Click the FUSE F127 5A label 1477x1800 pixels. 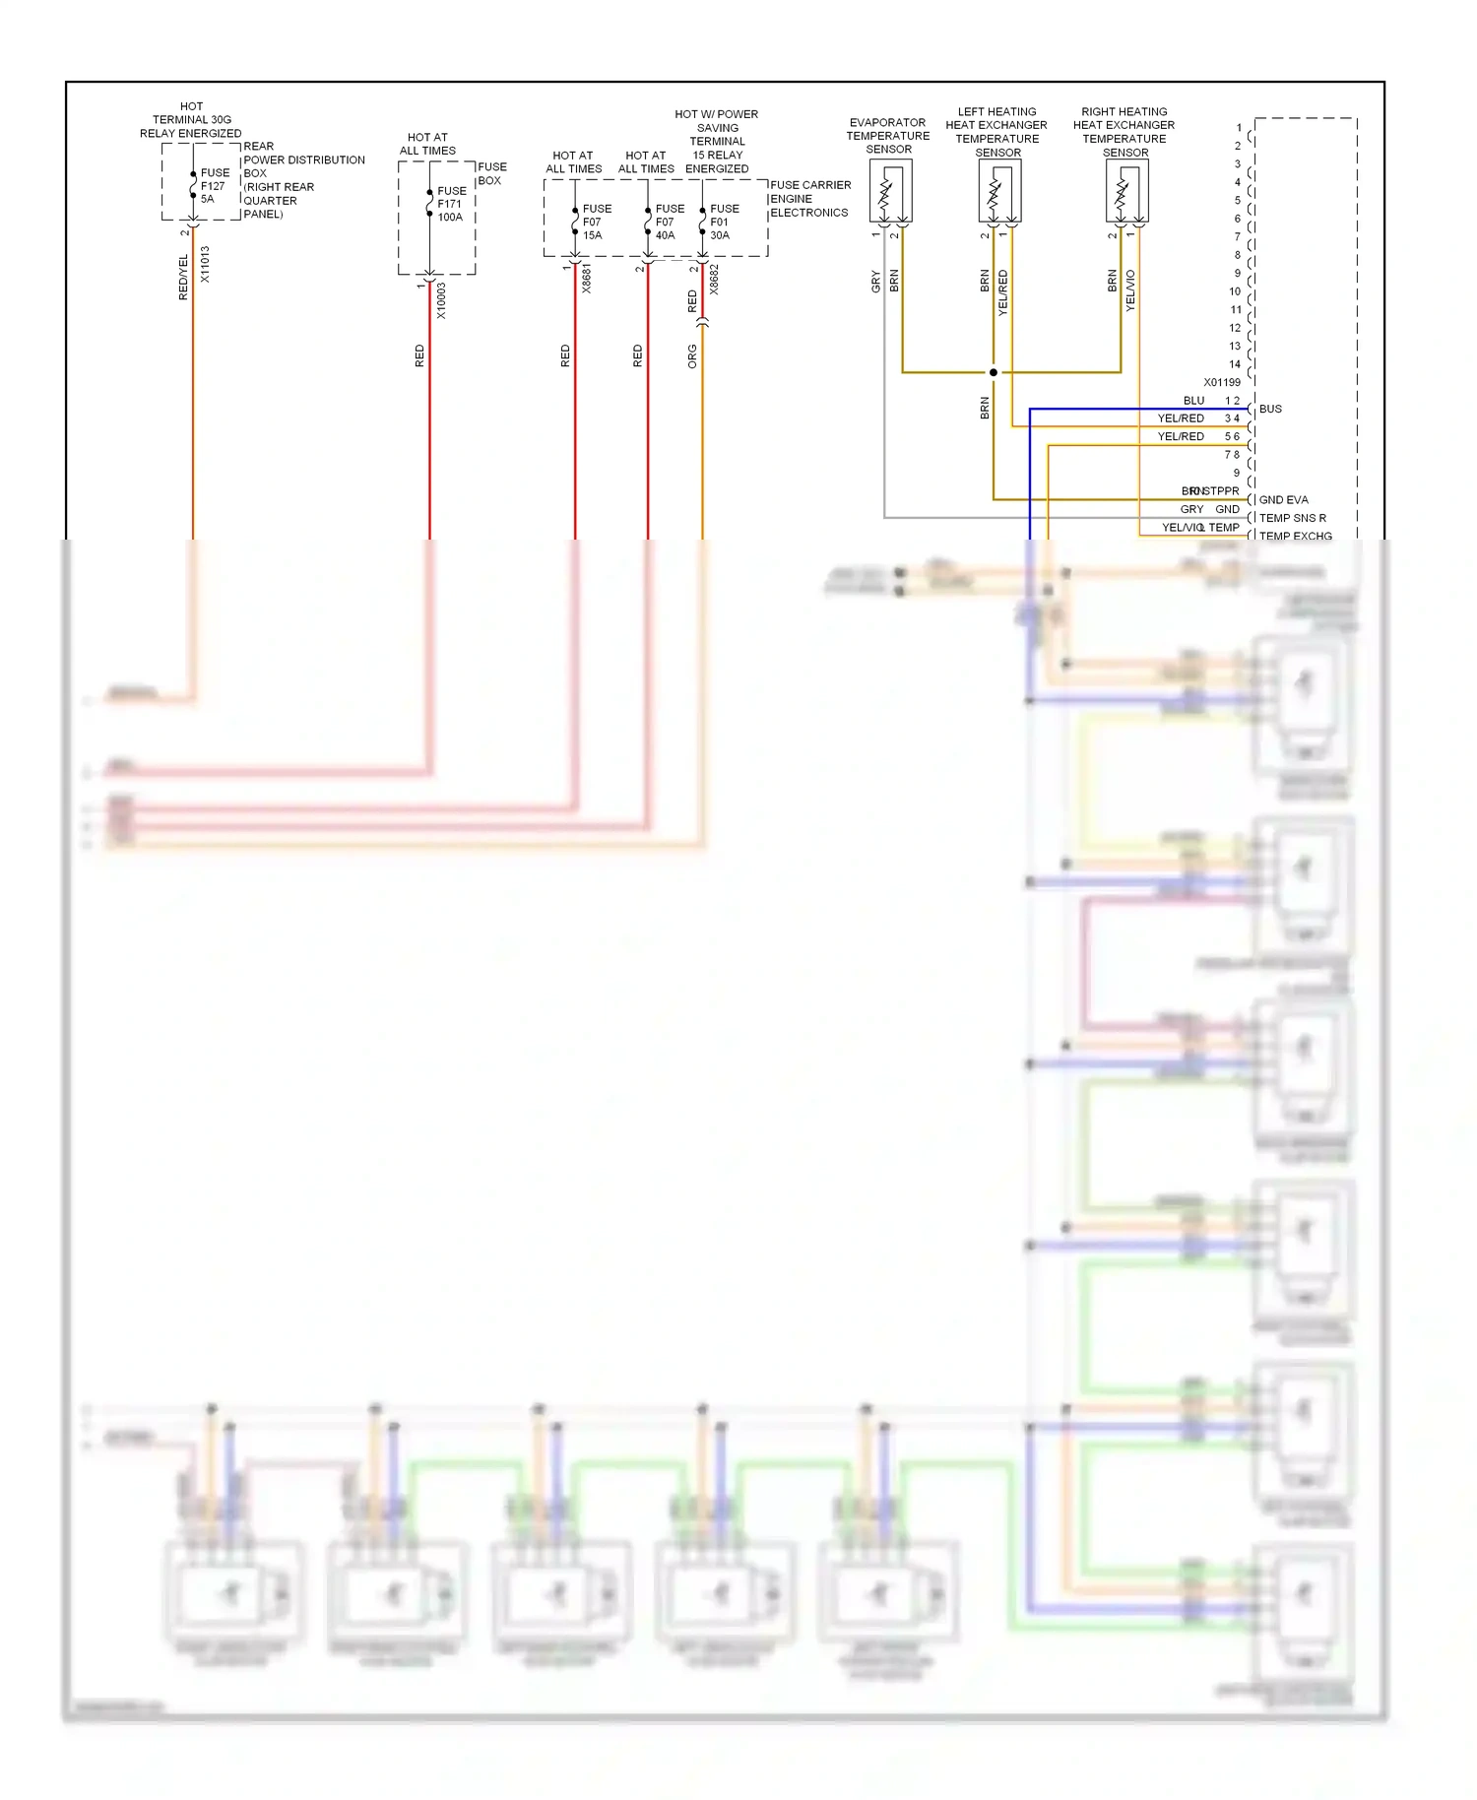tap(214, 185)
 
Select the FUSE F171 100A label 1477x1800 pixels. tap(451, 204)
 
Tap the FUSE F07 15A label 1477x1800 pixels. tap(596, 222)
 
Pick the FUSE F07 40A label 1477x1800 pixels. tap(669, 222)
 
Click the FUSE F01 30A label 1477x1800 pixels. tap(724, 222)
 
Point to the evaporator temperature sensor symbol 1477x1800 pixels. tap(889, 191)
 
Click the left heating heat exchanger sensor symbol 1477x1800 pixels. tap(998, 191)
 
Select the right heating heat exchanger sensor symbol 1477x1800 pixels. tap(1126, 191)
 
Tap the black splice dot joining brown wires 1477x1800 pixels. tap(993, 372)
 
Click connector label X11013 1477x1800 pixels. tap(205, 264)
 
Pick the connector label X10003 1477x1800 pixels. tap(441, 300)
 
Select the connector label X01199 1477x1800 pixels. tap(1221, 382)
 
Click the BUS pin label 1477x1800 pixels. tap(1270, 409)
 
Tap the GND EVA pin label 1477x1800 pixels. tap(1283, 499)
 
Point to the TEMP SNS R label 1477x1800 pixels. tap(1292, 518)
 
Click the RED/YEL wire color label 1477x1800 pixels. tap(183, 277)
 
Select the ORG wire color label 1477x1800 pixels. tap(692, 356)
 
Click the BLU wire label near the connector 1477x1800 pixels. tap(1193, 401)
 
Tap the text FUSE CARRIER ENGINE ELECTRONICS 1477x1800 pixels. tap(809, 199)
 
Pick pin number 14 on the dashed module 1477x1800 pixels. tap(1235, 364)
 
